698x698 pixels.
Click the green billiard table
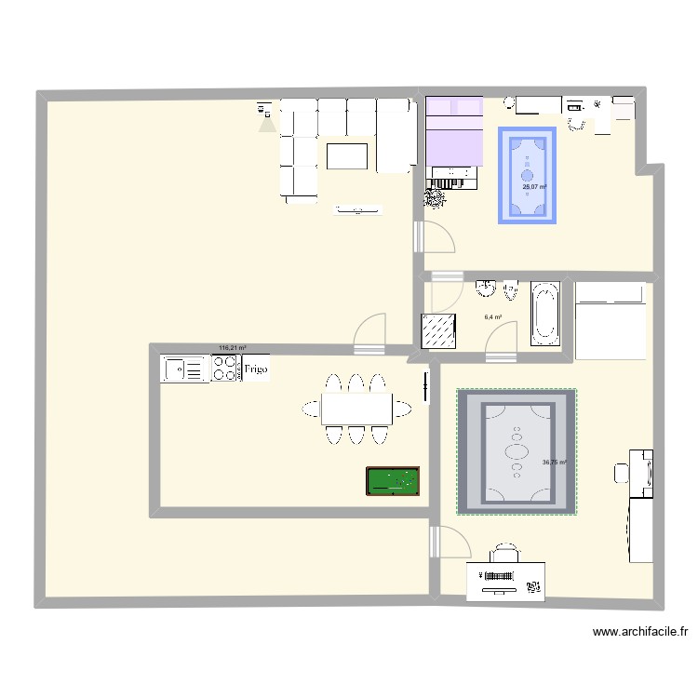coord(392,481)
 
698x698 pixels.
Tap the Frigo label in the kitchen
coord(257,369)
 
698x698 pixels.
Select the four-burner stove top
coord(225,369)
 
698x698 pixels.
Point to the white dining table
coord(357,408)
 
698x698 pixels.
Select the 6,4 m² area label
coord(493,317)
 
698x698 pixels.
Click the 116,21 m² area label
coord(233,349)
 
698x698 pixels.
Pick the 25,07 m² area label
coord(533,187)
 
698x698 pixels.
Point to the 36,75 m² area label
coord(555,463)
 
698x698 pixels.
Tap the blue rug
coord(528,174)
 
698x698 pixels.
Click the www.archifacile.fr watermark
coord(641,633)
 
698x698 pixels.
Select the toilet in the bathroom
coord(510,291)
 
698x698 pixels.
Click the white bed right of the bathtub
coord(610,321)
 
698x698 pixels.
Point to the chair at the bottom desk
coord(504,553)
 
